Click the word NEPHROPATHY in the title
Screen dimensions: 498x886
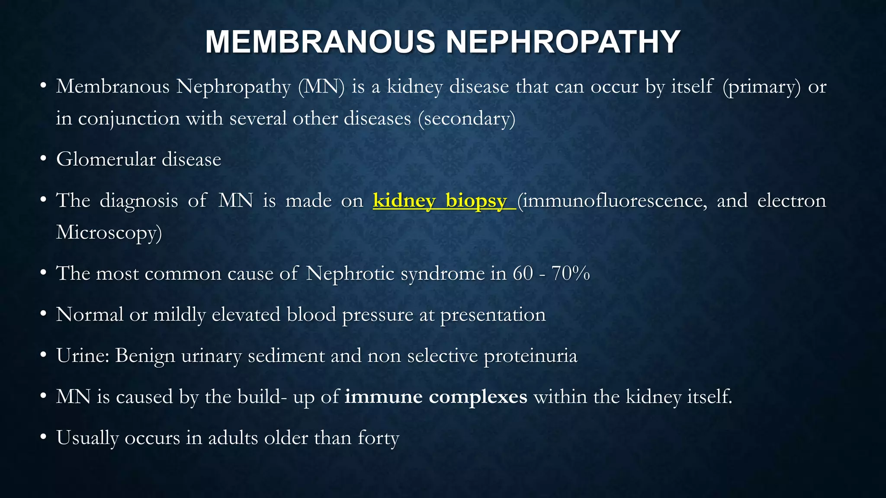563,42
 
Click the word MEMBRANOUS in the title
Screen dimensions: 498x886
320,42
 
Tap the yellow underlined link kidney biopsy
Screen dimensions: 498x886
444,201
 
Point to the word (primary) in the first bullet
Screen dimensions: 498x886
761,87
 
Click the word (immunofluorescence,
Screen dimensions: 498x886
612,201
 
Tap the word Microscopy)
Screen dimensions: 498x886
109,233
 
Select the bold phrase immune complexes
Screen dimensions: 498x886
436,397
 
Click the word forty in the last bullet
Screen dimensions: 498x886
379,438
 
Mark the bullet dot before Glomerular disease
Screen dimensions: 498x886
43,159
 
